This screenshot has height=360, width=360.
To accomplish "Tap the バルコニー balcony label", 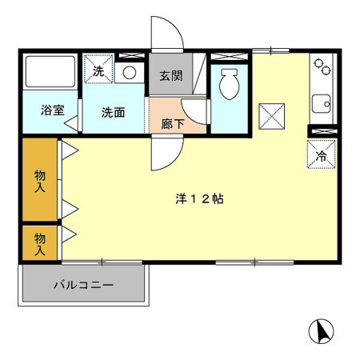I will (x=83, y=284).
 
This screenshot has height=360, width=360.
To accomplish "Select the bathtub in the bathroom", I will (x=50, y=73).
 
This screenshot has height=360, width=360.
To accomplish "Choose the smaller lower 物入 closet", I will (x=38, y=242).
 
